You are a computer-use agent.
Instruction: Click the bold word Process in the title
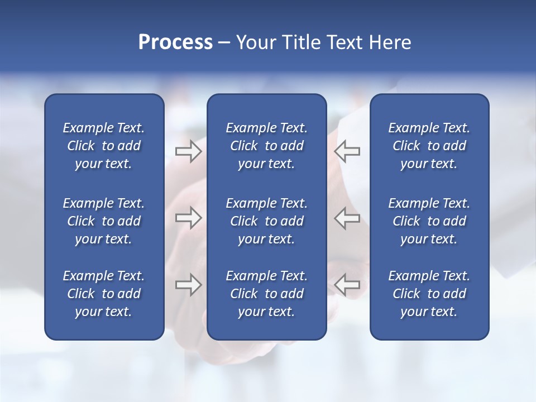tap(175, 42)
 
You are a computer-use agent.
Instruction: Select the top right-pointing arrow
tap(188, 151)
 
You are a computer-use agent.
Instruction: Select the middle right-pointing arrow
tap(188, 218)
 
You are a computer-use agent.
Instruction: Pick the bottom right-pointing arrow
tap(188, 285)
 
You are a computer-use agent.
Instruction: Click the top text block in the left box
tap(104, 146)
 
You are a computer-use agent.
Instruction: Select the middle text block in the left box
tap(104, 221)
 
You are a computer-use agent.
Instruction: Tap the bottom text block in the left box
tap(104, 294)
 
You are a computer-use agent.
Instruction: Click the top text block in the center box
tap(266, 146)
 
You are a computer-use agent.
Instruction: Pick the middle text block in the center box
tap(266, 221)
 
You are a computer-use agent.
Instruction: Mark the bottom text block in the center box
tap(266, 294)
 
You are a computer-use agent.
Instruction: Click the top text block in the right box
tap(429, 146)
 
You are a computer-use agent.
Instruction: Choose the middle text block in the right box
tap(429, 221)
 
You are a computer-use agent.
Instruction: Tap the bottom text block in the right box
tap(429, 294)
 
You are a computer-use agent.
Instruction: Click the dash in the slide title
tap(224, 43)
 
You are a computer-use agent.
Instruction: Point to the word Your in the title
tap(256, 42)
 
